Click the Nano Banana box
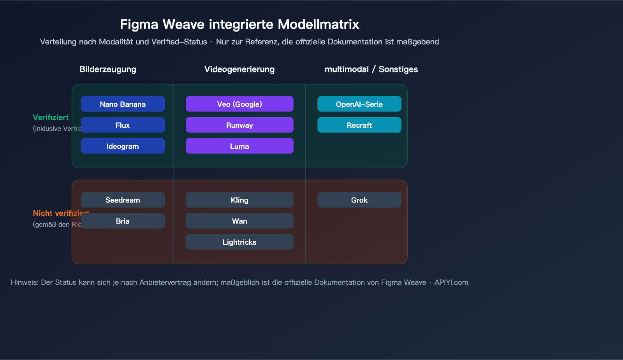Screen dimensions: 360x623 pyautogui.click(x=123, y=104)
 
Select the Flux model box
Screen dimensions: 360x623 pyautogui.click(x=123, y=125)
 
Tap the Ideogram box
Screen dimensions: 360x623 pyautogui.click(x=123, y=146)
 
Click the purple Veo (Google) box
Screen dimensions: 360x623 pyautogui.click(x=239, y=104)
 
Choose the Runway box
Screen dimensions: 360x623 pyautogui.click(x=239, y=125)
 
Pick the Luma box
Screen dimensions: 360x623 pyautogui.click(x=239, y=146)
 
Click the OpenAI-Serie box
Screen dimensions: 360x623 pyautogui.click(x=359, y=104)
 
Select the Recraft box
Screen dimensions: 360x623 pyautogui.click(x=359, y=125)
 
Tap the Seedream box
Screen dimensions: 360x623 pyautogui.click(x=123, y=200)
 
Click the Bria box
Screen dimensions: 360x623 pyautogui.click(x=123, y=221)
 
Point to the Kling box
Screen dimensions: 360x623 pyautogui.click(x=239, y=200)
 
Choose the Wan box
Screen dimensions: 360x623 pyautogui.click(x=239, y=221)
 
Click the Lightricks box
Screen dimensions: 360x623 pyautogui.click(x=239, y=242)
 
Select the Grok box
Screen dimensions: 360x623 pyautogui.click(x=359, y=200)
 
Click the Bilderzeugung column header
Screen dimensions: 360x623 pyautogui.click(x=108, y=69)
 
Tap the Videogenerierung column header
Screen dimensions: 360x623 pyautogui.click(x=239, y=69)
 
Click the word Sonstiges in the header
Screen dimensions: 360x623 pyautogui.click(x=398, y=69)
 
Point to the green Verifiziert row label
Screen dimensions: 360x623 pyautogui.click(x=51, y=117)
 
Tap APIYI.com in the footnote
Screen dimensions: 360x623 pyautogui.click(x=451, y=282)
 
